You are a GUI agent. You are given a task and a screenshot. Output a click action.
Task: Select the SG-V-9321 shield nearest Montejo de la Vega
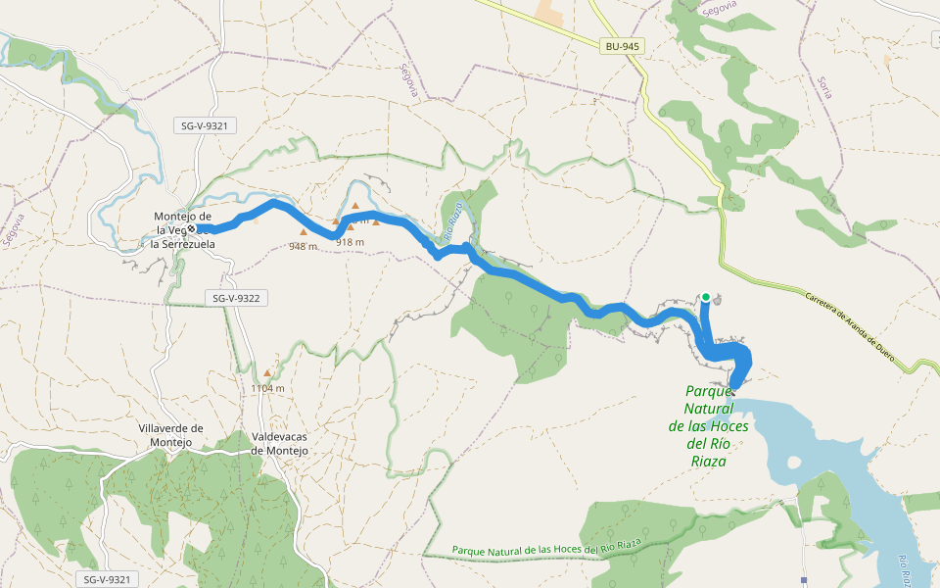pyautogui.click(x=209, y=125)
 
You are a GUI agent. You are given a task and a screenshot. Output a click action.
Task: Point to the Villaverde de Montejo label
pyautogui.click(x=170, y=435)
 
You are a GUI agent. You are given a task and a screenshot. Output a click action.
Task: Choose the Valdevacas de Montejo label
pyautogui.click(x=280, y=443)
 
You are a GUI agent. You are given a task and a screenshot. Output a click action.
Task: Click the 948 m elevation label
pyautogui.click(x=304, y=247)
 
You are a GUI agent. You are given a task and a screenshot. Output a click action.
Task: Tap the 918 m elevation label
pyautogui.click(x=351, y=242)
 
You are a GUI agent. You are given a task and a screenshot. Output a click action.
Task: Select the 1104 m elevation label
pyautogui.click(x=267, y=388)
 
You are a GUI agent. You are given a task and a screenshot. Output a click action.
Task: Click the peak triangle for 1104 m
pyautogui.click(x=267, y=373)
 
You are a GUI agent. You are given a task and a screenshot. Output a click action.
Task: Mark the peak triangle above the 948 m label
pyautogui.click(x=304, y=232)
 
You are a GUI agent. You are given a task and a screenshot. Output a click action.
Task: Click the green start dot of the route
pyautogui.click(x=706, y=296)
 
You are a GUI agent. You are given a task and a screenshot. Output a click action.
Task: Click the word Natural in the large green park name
pyautogui.click(x=709, y=409)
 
